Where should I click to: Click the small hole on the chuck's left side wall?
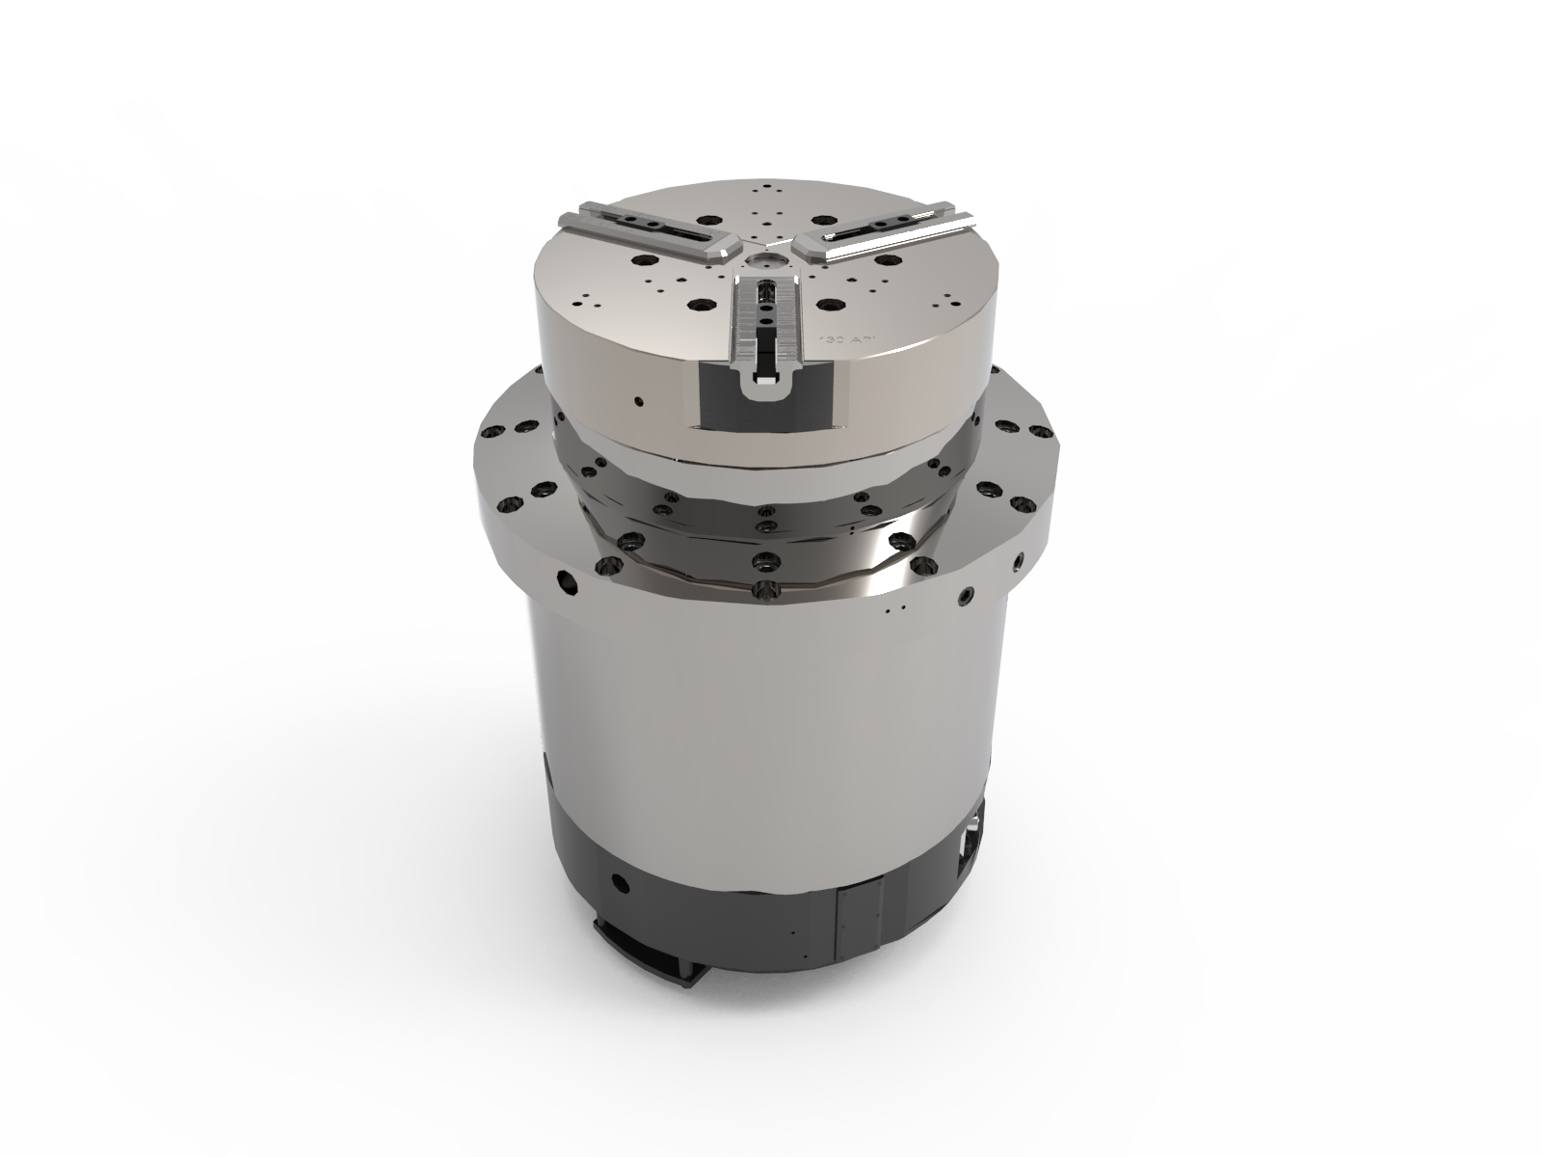(x=636, y=398)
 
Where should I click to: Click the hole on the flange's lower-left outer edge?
(x=565, y=582)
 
